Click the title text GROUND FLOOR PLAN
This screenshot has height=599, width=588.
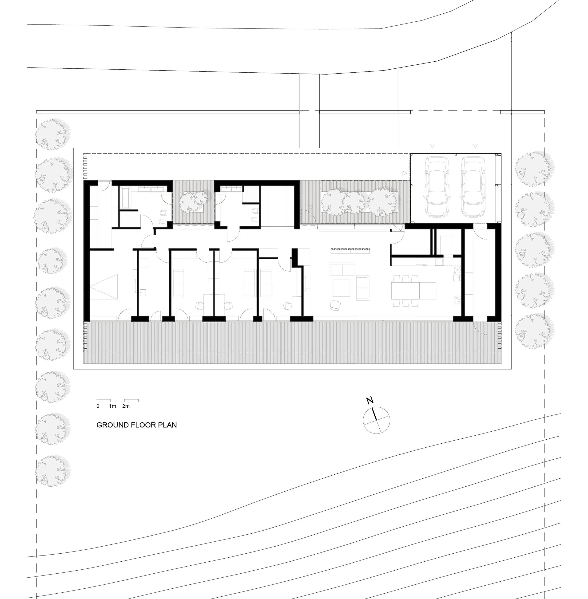click(136, 425)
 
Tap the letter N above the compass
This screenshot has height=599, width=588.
click(370, 401)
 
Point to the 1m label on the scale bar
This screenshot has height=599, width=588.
click(112, 406)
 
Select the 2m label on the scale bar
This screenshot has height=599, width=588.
click(126, 406)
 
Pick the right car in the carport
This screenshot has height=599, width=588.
click(473, 186)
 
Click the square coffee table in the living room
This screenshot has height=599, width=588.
click(341, 288)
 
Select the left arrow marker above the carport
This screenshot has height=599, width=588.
click(432, 146)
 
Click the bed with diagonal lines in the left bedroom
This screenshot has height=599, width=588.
click(104, 286)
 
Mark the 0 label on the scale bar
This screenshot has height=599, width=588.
click(98, 406)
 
